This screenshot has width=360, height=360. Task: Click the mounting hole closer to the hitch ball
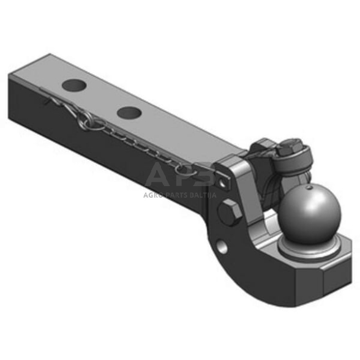point(129,112)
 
